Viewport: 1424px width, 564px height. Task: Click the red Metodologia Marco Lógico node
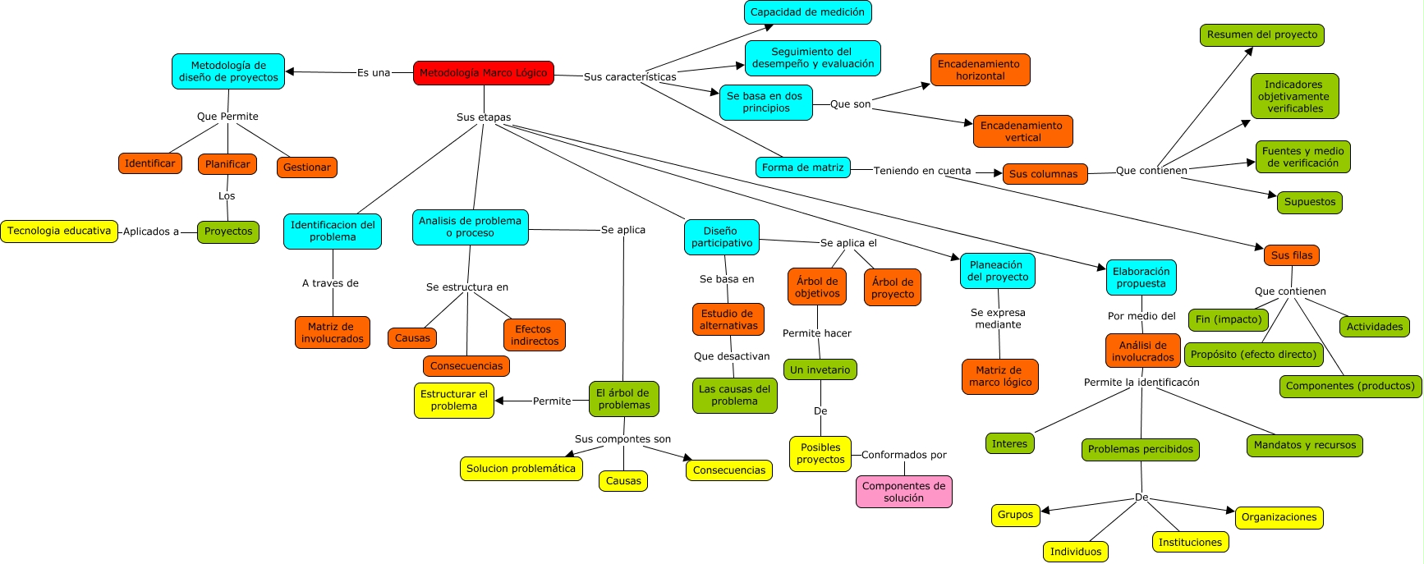click(x=483, y=73)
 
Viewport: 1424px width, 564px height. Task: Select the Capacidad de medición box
click(x=807, y=12)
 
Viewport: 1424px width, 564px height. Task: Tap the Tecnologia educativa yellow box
click(x=59, y=232)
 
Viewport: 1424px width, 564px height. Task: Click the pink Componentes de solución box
click(x=903, y=492)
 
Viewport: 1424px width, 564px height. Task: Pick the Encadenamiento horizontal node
click(x=980, y=70)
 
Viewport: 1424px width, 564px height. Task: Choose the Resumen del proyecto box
click(x=1261, y=34)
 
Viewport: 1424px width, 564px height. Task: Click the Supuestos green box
click(x=1309, y=202)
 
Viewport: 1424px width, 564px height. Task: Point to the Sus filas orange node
click(x=1291, y=255)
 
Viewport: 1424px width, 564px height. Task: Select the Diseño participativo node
click(x=721, y=237)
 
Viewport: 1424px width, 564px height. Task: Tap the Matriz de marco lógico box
click(x=999, y=376)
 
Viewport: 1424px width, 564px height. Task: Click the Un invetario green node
click(x=820, y=370)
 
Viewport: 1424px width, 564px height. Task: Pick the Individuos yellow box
click(x=1075, y=552)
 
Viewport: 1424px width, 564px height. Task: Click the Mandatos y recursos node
click(x=1304, y=445)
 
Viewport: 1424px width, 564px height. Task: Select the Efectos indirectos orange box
click(x=534, y=335)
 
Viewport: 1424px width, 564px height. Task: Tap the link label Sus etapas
click(x=483, y=117)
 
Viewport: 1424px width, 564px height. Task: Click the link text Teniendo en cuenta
click(x=921, y=171)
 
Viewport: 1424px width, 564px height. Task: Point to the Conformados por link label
click(x=903, y=455)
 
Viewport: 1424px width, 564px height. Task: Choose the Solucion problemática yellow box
click(x=521, y=469)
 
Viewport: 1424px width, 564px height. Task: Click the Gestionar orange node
click(x=306, y=167)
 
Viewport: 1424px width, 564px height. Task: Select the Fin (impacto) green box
click(x=1228, y=319)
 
